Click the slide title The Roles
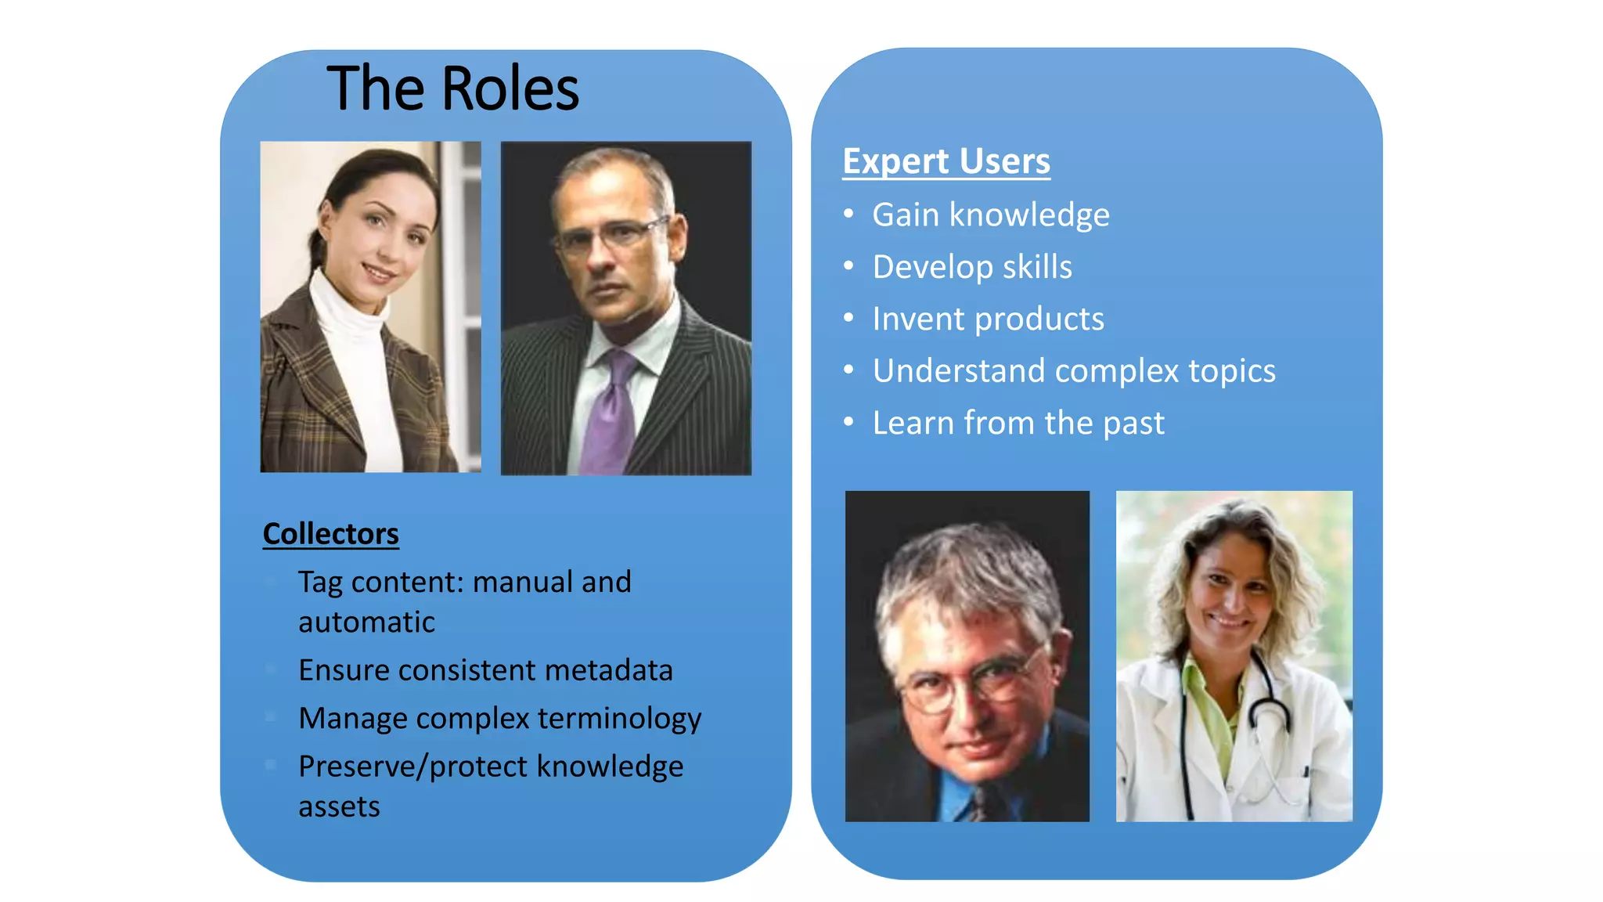coord(452,88)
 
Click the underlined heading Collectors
coord(330,534)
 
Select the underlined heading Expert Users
coord(946,161)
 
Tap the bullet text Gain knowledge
coord(990,215)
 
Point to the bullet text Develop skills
coord(971,267)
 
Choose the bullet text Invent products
coord(988,319)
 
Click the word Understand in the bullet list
coord(958,371)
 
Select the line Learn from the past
coord(1018,423)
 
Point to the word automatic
coord(366,622)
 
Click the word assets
coord(339,806)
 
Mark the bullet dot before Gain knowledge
coord(848,214)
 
